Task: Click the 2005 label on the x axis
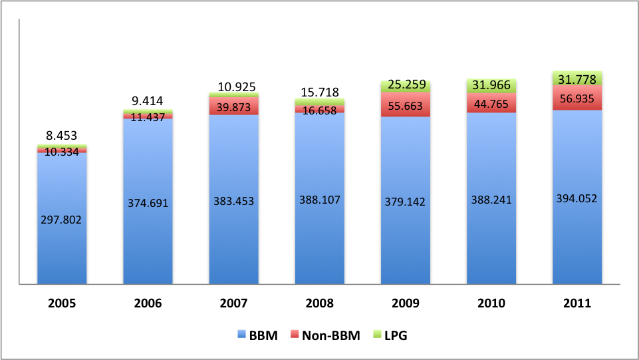[x=62, y=303]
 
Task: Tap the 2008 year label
[x=320, y=303]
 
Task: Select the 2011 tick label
[x=577, y=303]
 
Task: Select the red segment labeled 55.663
[x=406, y=104]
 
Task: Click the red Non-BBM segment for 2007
[x=233, y=106]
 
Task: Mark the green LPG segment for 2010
[x=491, y=86]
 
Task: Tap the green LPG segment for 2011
[x=577, y=78]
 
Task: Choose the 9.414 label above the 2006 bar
[x=148, y=101]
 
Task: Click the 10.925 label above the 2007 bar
[x=233, y=86]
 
